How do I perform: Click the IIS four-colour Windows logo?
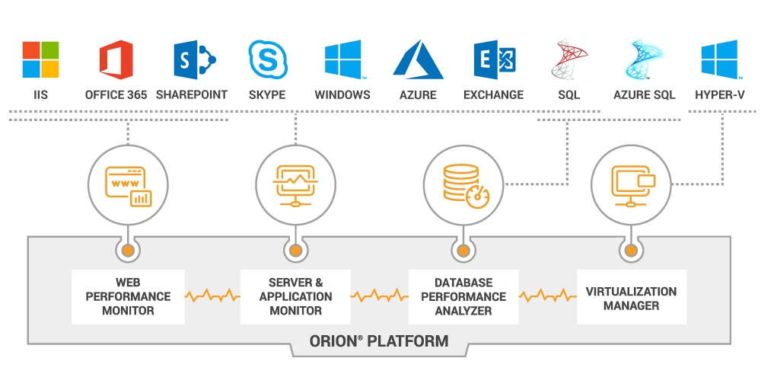point(40,60)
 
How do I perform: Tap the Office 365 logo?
point(116,60)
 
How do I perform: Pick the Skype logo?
point(267,60)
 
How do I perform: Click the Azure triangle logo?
point(418,60)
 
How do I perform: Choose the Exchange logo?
point(494,60)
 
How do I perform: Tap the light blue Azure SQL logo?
point(644,60)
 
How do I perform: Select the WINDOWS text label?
point(342,95)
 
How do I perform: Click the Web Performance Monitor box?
point(128,296)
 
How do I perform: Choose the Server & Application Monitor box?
point(295,296)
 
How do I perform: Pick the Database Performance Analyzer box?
point(463,296)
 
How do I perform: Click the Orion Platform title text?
point(378,340)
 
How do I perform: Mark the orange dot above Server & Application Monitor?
point(295,250)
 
